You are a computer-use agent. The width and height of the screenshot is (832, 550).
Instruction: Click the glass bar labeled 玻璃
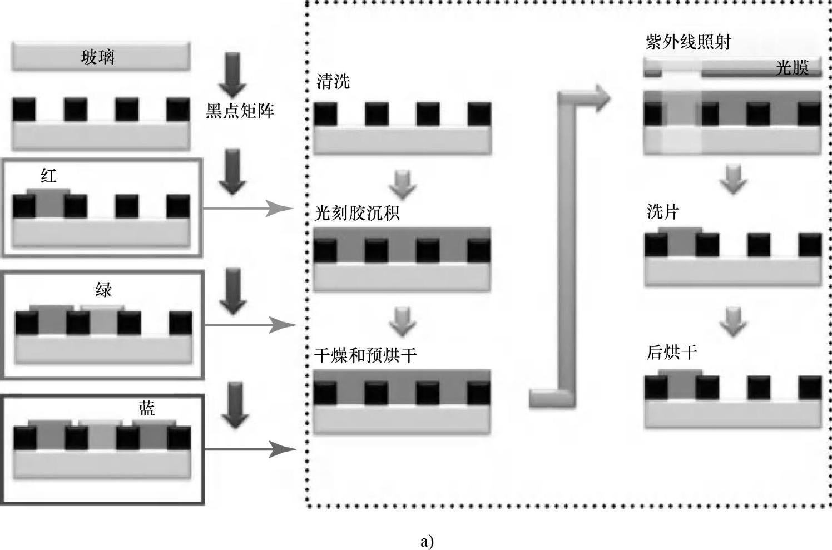(101, 57)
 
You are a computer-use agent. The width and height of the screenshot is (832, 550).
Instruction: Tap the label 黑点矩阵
(240, 111)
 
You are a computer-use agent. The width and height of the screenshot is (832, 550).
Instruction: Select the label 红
(48, 176)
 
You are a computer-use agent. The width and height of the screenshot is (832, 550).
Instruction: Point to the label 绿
(103, 289)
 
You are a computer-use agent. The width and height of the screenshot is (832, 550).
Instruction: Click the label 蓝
(147, 409)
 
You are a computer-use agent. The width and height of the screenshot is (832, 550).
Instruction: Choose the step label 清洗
(333, 82)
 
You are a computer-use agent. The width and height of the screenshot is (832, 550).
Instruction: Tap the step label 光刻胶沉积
(357, 212)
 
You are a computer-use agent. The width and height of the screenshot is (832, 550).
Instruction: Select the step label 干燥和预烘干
(365, 355)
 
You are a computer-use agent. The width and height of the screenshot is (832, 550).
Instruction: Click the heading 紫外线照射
(688, 42)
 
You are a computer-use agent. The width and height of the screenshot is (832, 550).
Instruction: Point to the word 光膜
(791, 68)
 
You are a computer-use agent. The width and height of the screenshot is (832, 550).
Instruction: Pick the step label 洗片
(663, 211)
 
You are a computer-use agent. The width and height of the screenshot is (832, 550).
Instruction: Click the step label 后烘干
(672, 352)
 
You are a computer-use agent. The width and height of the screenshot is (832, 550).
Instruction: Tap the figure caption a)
(427, 541)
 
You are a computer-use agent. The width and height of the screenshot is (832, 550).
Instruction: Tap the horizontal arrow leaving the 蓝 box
(247, 449)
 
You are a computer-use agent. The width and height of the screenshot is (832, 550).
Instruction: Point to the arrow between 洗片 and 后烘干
(733, 321)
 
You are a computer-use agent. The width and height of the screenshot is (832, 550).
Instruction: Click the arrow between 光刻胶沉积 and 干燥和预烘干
(403, 321)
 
